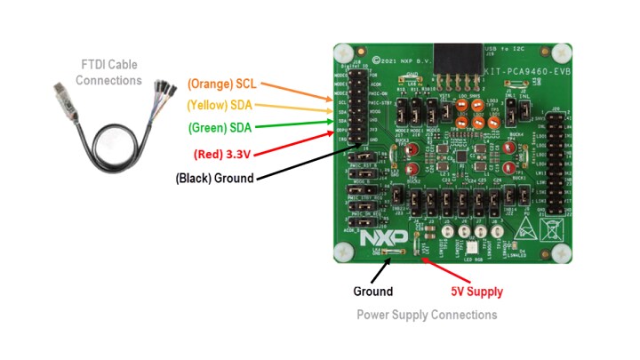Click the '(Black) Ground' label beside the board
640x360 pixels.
pos(214,177)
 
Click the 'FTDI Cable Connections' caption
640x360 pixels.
pos(108,74)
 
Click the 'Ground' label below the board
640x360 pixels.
pos(372,291)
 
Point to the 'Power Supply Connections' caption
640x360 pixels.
pos(427,315)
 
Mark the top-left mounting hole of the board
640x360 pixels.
pos(342,52)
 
